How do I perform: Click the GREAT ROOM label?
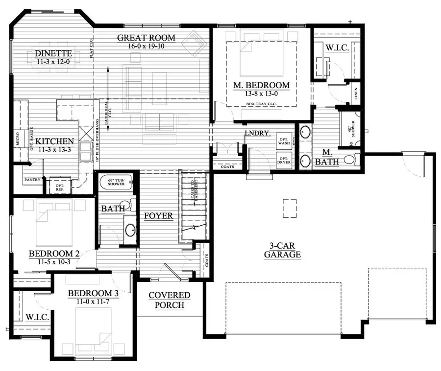pos(146,38)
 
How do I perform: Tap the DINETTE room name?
pos(54,54)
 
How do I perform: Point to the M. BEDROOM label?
pos(261,85)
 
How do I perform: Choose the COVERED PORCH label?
pos(170,300)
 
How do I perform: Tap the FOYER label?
pos(158,216)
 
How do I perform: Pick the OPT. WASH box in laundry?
pos(284,140)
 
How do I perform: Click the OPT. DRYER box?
pos(284,161)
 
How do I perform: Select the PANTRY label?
pos(32,180)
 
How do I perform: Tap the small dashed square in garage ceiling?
pos(289,209)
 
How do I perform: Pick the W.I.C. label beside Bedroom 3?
pos(36,318)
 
